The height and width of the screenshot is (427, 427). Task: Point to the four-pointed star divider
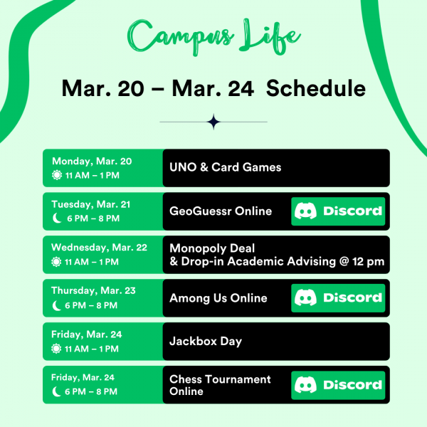pyautogui.click(x=213, y=122)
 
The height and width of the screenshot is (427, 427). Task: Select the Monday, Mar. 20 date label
pyautogui.click(x=91, y=162)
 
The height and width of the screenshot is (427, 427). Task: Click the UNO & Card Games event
pyautogui.click(x=225, y=168)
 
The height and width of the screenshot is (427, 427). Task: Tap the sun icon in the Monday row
pyautogui.click(x=57, y=175)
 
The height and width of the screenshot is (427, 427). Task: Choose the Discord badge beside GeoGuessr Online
pyautogui.click(x=338, y=211)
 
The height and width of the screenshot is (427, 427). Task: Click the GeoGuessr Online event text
pyautogui.click(x=221, y=211)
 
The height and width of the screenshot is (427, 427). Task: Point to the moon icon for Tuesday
pyautogui.click(x=57, y=218)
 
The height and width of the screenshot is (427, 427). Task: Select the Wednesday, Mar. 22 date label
pyautogui.click(x=99, y=248)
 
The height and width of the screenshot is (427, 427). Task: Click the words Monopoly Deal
pyautogui.click(x=212, y=248)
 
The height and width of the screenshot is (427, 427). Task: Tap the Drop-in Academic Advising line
pyautogui.click(x=277, y=262)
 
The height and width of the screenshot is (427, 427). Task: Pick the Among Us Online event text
pyautogui.click(x=218, y=298)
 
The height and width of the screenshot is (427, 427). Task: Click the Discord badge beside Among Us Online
pyautogui.click(x=338, y=298)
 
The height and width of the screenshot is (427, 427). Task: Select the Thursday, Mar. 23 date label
pyautogui.click(x=93, y=291)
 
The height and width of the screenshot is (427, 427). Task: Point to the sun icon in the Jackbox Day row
pyautogui.click(x=57, y=349)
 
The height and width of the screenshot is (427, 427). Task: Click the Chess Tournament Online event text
pyautogui.click(x=220, y=385)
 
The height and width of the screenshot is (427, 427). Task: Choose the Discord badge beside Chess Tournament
pyautogui.click(x=338, y=385)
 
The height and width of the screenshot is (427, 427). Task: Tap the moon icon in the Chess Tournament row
pyautogui.click(x=57, y=392)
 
